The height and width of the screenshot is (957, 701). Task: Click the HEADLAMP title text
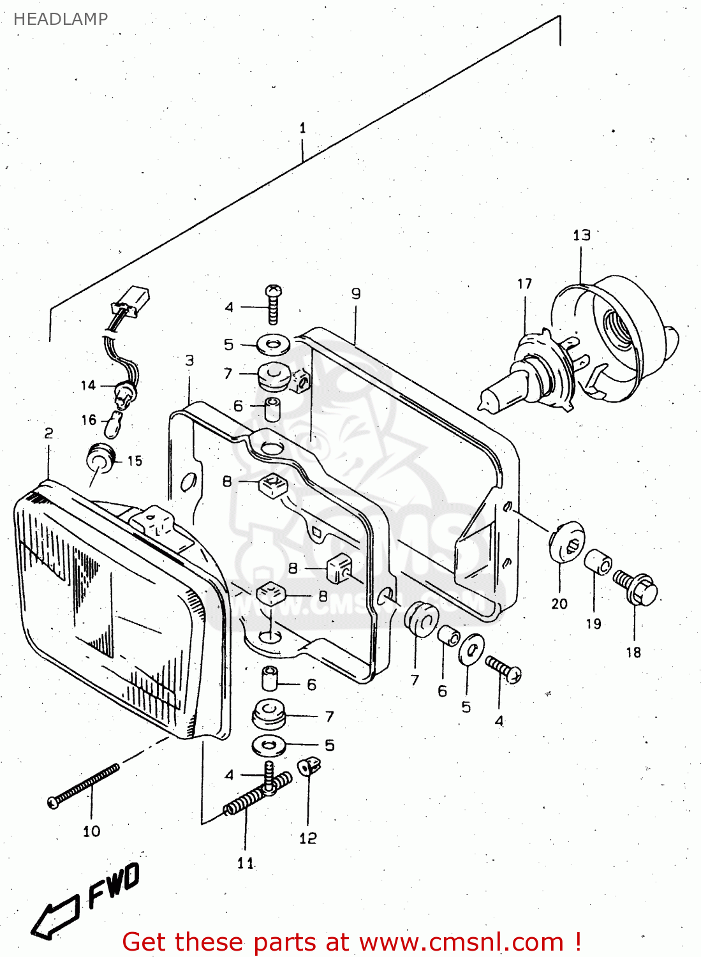(61, 19)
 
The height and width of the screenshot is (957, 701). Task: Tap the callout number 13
(581, 235)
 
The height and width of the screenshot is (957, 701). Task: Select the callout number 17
(524, 284)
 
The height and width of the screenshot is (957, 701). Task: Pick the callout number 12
(307, 838)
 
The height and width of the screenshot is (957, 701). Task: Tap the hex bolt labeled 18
(638, 588)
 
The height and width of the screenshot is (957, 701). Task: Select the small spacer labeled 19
(598, 562)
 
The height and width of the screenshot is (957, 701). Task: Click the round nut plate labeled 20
(566, 542)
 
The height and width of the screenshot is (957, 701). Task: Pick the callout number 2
(48, 433)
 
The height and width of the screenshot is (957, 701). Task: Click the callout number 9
(356, 293)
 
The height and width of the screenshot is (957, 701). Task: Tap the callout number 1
(302, 128)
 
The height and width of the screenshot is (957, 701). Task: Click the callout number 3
(189, 360)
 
